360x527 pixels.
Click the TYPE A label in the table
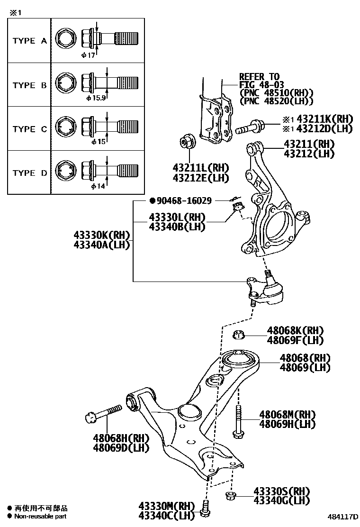(x=29, y=41)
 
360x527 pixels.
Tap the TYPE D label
(x=29, y=173)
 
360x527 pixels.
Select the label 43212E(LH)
(x=200, y=178)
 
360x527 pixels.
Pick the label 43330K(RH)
(x=101, y=235)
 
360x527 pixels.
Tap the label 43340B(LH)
(x=177, y=227)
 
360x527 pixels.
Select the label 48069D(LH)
(x=121, y=447)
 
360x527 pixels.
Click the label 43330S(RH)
(x=281, y=491)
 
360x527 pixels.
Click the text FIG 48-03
(x=260, y=85)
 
